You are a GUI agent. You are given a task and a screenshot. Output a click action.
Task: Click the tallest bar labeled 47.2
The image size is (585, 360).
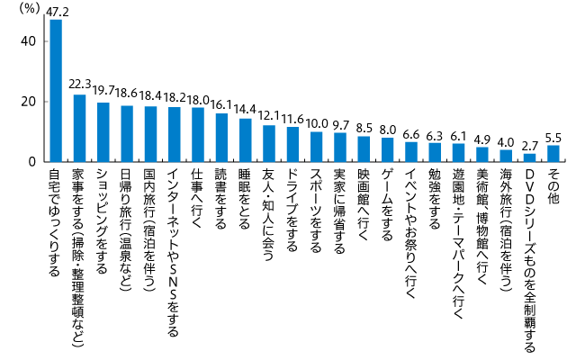click(x=56, y=91)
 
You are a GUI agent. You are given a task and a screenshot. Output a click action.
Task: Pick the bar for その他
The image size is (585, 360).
click(x=553, y=154)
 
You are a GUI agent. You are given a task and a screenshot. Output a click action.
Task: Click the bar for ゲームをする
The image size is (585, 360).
click(x=388, y=150)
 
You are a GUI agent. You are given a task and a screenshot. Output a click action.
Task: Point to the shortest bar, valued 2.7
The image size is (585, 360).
click(x=530, y=157)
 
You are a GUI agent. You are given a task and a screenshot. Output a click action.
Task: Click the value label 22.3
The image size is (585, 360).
click(x=80, y=84)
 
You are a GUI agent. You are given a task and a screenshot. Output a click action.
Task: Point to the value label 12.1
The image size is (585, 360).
click(x=269, y=115)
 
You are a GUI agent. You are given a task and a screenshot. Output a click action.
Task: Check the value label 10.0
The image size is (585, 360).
click(x=317, y=121)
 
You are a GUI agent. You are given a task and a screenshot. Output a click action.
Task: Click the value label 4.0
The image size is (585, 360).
click(x=506, y=140)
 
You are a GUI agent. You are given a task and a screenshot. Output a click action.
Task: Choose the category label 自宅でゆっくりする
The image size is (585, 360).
click(x=55, y=226)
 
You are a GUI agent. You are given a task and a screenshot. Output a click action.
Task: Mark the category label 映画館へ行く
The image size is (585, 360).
click(x=364, y=202)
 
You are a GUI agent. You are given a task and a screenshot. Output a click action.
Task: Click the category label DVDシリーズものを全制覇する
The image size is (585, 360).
click(x=530, y=247)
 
